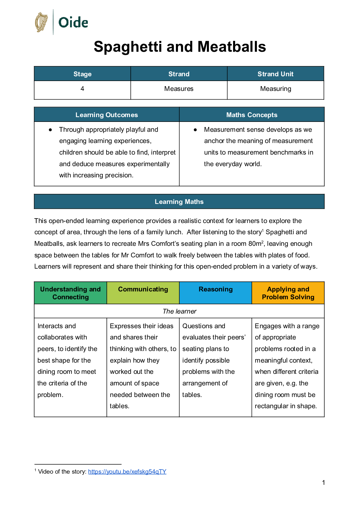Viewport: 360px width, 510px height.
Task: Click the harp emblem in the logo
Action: pos(42,22)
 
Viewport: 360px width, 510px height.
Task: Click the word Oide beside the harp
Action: pos(73,23)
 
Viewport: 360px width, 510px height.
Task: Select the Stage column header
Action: pos(82,74)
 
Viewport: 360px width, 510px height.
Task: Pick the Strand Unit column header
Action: pos(275,74)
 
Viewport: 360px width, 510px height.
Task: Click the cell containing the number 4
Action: pos(82,89)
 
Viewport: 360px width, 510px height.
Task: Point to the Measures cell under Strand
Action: pos(179,89)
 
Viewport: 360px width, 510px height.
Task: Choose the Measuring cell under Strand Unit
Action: pos(275,89)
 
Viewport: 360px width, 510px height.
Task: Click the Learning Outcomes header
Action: pos(107,115)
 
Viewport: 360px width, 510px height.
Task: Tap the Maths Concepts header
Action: pos(252,115)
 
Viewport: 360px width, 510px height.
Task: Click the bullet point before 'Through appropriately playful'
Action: pos(50,130)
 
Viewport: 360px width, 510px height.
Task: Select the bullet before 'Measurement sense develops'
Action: pos(195,130)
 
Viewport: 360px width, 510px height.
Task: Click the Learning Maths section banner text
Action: pos(179,202)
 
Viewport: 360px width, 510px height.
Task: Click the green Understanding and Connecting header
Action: pos(70,293)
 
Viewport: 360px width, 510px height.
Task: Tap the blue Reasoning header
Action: pos(215,289)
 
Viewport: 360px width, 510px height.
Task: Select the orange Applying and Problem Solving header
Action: pos(288,293)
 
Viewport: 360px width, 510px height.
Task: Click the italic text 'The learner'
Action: pos(179,311)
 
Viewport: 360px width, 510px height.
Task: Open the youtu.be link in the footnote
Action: pos(127,472)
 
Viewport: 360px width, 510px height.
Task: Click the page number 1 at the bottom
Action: pos(323,482)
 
